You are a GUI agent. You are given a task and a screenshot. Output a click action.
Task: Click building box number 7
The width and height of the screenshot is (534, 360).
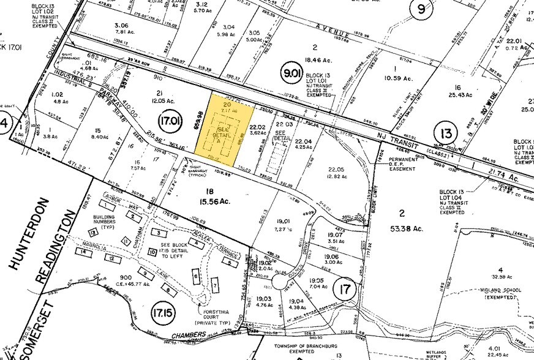pyautogui.click(x=215, y=285)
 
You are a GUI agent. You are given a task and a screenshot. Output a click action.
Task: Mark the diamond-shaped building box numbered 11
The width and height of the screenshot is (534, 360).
pyautogui.click(x=126, y=240)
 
